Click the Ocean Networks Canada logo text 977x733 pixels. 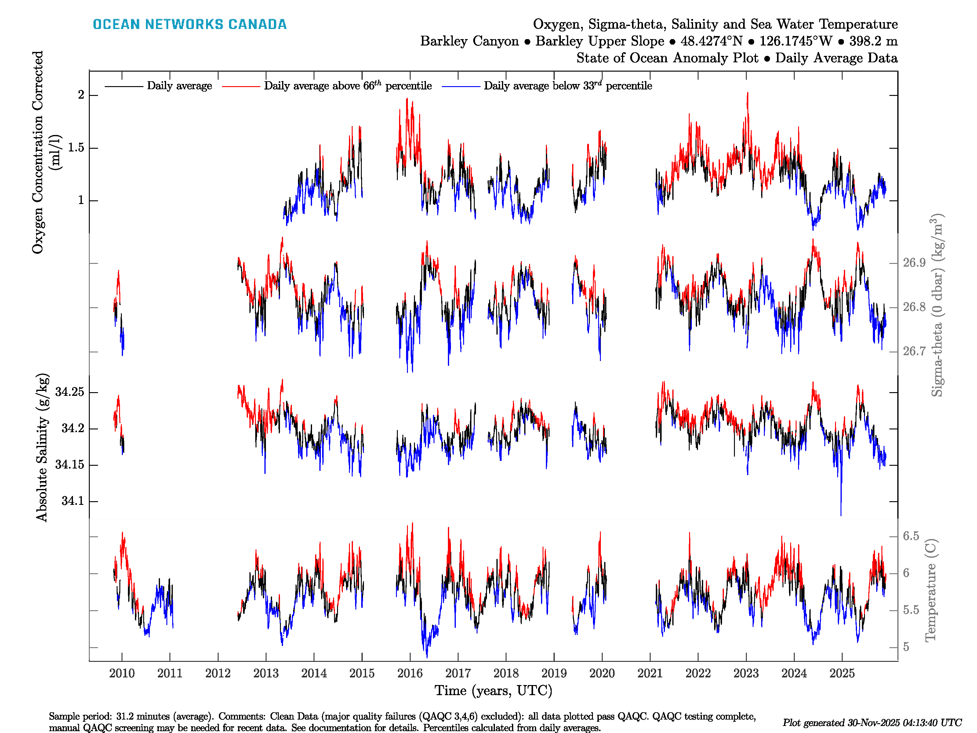click(x=190, y=24)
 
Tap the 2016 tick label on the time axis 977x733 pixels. click(x=409, y=673)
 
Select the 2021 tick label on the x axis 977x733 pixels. click(x=650, y=673)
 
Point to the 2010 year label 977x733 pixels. click(x=122, y=673)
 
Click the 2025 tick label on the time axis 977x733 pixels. click(x=842, y=673)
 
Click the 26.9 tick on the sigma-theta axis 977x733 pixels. click(x=914, y=263)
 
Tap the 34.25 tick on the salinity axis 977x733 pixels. click(x=69, y=392)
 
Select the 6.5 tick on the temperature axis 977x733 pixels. click(x=911, y=536)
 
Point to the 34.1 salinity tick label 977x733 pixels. click(x=72, y=501)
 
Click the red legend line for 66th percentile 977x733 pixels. click(x=241, y=86)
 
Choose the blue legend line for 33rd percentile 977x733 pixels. click(x=461, y=86)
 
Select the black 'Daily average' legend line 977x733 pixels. click(x=124, y=86)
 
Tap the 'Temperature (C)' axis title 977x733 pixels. click(x=930, y=590)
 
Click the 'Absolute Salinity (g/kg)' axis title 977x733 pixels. click(x=42, y=447)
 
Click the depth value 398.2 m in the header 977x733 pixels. click(x=873, y=41)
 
